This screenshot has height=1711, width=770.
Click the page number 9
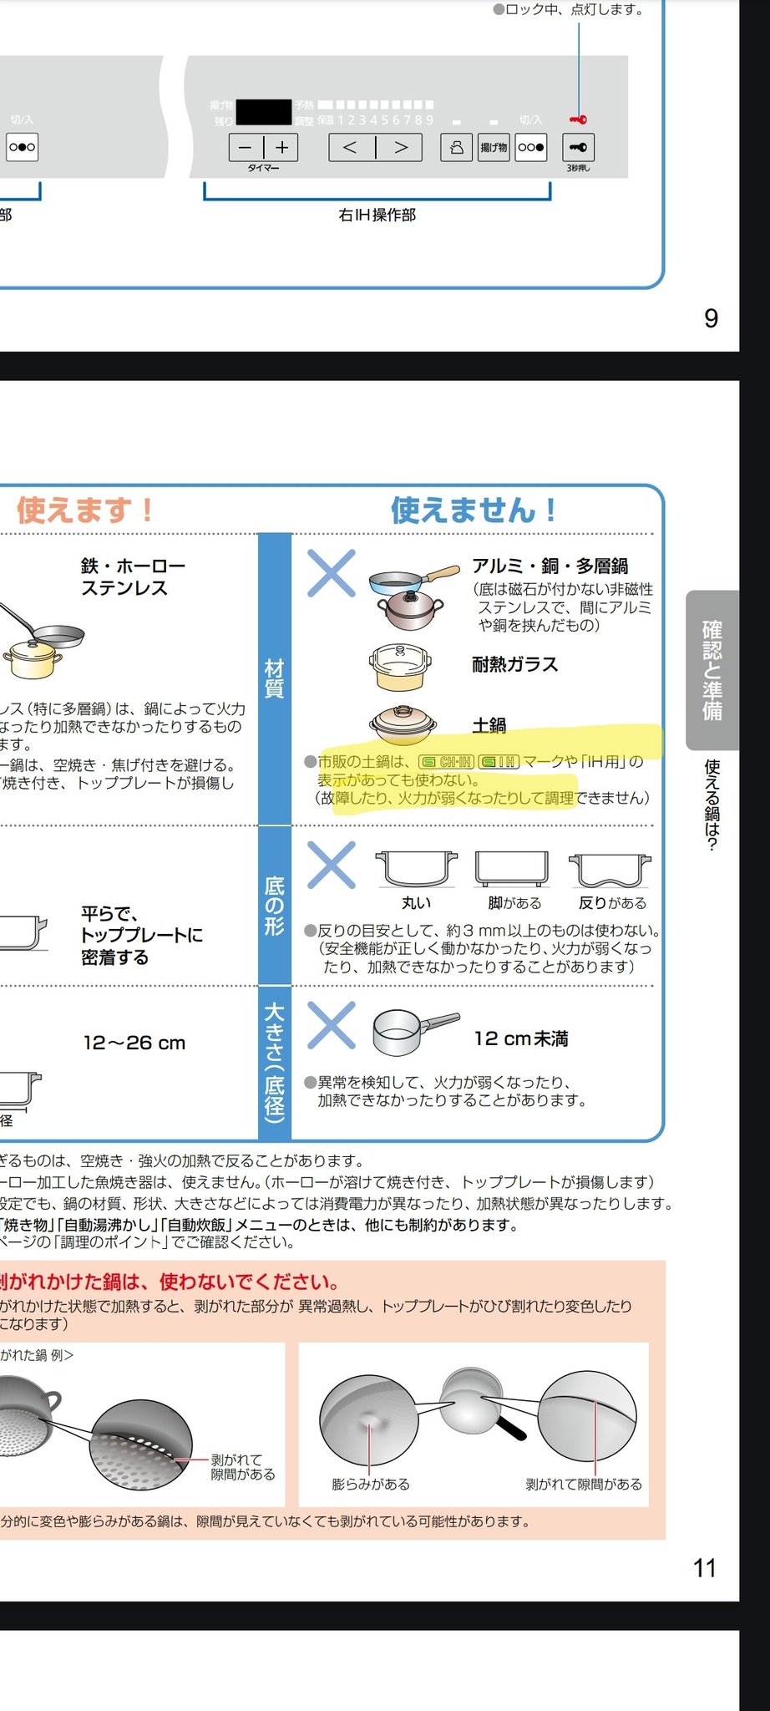click(711, 318)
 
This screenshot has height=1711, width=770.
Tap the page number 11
click(704, 1568)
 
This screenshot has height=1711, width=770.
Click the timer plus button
click(282, 148)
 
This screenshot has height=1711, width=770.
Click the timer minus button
click(246, 148)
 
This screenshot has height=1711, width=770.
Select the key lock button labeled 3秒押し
click(578, 148)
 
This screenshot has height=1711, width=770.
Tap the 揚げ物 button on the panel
click(494, 148)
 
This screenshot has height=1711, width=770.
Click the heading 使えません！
click(473, 510)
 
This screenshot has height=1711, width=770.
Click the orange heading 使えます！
click(84, 510)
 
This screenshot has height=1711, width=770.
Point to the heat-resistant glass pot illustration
click(400, 667)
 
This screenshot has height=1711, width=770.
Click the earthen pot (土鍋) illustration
click(403, 723)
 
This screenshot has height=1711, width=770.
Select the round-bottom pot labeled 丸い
click(416, 870)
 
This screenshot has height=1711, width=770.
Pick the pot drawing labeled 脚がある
click(512, 870)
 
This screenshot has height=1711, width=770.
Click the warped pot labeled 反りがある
click(610, 870)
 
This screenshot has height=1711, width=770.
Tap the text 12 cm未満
click(520, 1038)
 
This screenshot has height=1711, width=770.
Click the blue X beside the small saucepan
click(332, 1025)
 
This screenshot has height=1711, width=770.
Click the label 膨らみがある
click(371, 1484)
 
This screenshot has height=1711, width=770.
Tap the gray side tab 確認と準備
click(712, 669)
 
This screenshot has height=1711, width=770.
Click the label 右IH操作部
click(377, 216)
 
